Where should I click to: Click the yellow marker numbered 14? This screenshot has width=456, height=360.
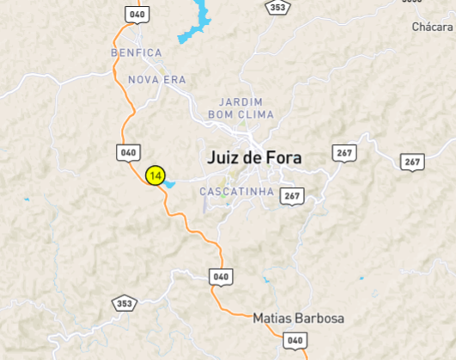point(155,175)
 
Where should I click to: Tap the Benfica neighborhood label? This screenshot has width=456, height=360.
point(136,52)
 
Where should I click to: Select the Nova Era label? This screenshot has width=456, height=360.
point(157,80)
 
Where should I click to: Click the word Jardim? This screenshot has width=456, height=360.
point(240,101)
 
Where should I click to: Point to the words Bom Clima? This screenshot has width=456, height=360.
point(240,114)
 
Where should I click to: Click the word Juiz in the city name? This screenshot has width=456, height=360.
point(226,157)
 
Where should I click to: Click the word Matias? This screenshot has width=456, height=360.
point(271,318)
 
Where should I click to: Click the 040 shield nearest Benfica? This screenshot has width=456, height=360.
point(136,15)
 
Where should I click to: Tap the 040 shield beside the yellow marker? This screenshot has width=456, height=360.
point(127,152)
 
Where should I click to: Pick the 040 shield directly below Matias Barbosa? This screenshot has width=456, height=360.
point(295,341)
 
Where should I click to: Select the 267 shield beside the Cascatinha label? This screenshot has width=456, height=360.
point(292,196)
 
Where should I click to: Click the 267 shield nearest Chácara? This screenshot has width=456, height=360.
point(412,162)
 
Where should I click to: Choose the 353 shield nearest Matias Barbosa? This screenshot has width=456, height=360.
point(125,303)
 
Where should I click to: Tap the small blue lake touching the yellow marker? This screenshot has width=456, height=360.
point(169,183)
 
